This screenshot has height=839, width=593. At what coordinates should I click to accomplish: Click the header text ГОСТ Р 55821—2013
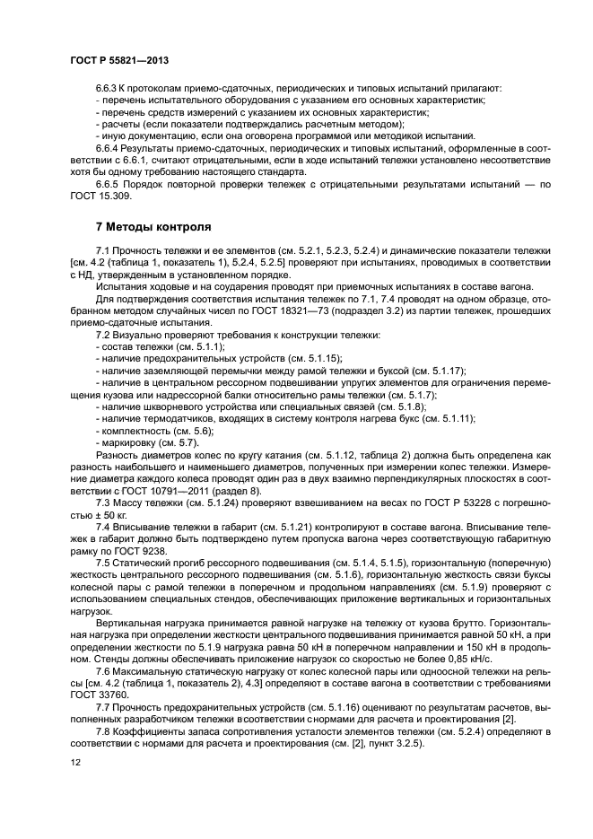click(x=118, y=58)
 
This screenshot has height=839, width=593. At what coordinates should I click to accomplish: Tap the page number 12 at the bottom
click(x=74, y=763)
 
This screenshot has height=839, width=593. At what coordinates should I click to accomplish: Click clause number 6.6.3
click(x=109, y=88)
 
